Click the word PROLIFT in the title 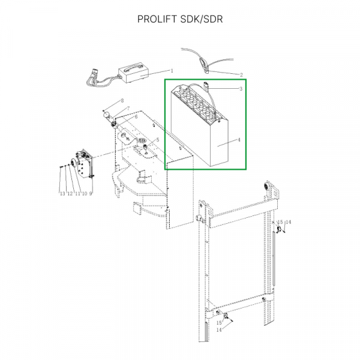coord(157,19)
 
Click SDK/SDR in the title coord(202,19)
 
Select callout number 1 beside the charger coord(172,71)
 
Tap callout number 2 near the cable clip coord(241,75)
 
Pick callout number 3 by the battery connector coord(241,89)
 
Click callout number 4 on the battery coord(239,140)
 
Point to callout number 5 coord(157,140)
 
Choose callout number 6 coord(136,117)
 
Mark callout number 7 coord(128,108)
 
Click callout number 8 coord(122,101)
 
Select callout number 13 coord(62,194)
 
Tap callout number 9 coord(91,194)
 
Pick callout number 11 coord(77,194)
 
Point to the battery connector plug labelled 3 coord(206,87)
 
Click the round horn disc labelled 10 coord(73,164)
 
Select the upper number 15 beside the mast coord(280,222)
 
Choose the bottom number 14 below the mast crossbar coord(219,330)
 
